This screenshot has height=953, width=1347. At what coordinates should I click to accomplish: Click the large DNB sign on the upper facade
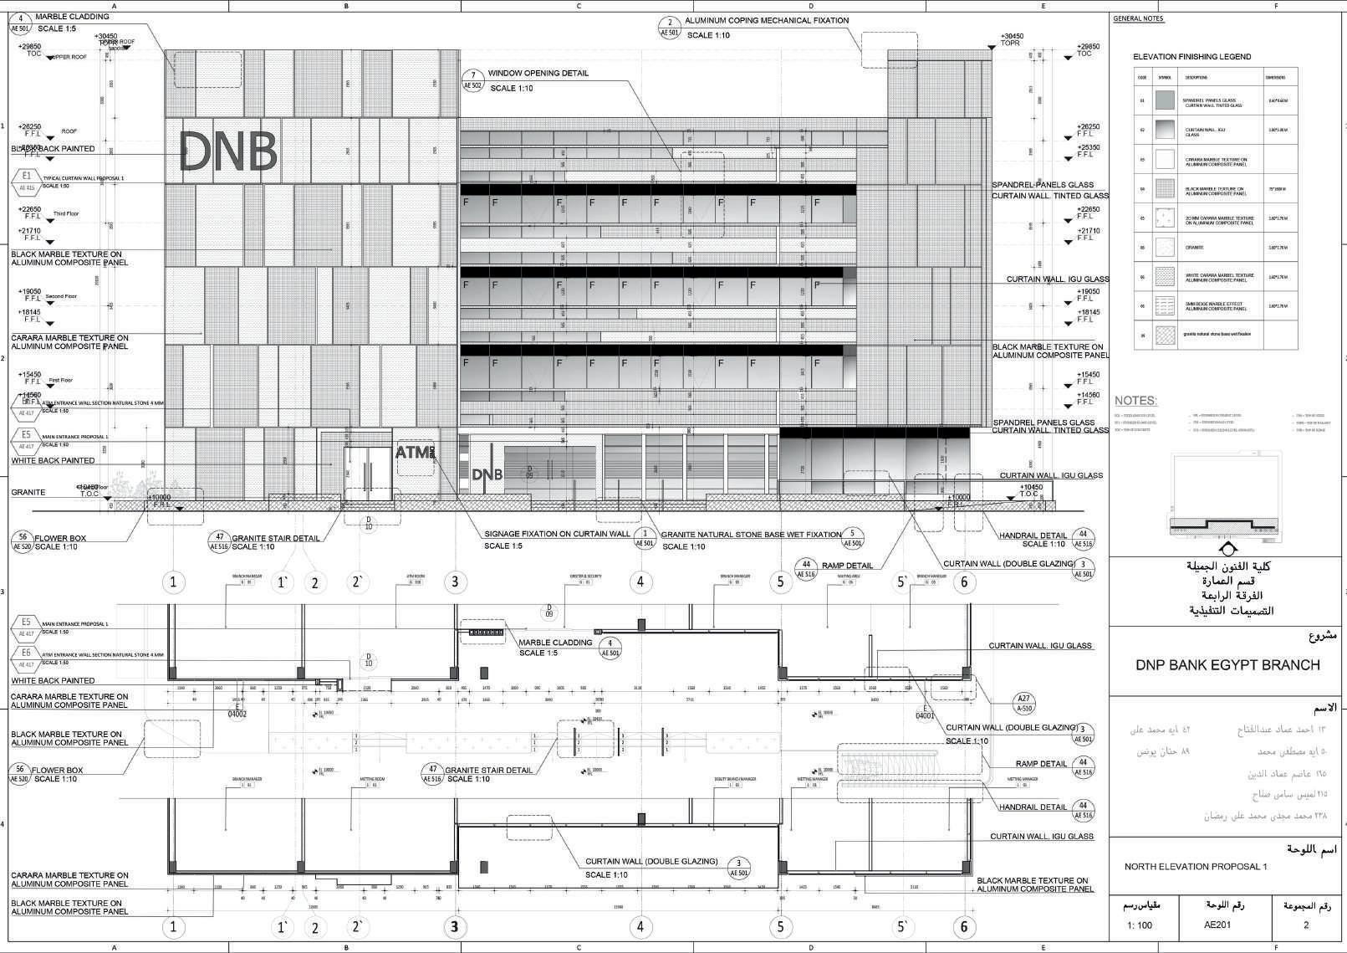(x=228, y=151)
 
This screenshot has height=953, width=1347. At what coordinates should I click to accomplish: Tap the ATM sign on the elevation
(x=416, y=453)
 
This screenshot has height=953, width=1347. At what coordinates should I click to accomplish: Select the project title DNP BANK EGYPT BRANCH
(x=1227, y=665)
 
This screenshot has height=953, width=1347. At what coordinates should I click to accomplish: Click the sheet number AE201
(x=1217, y=925)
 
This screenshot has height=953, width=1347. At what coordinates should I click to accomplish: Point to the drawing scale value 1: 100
(x=1139, y=925)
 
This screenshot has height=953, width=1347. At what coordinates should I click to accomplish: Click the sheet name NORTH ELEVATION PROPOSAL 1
(x=1195, y=867)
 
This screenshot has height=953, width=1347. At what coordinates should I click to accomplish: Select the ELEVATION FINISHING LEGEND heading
(x=1191, y=57)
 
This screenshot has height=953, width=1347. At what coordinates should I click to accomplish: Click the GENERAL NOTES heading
(x=1138, y=18)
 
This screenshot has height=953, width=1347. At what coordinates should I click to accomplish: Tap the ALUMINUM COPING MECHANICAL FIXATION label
(x=766, y=20)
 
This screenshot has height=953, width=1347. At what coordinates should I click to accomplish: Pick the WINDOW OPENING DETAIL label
(x=538, y=74)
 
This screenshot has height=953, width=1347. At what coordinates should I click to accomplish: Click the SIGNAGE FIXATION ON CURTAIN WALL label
(x=558, y=534)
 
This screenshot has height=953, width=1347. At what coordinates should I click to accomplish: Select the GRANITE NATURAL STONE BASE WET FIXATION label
(x=751, y=535)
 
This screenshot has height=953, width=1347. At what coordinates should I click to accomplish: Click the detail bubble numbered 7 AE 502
(x=472, y=80)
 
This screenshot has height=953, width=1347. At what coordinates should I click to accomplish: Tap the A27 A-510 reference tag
(x=1023, y=703)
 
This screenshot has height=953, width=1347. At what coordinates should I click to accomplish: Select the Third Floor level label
(x=66, y=214)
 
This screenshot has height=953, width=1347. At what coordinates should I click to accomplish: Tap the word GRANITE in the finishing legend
(x=1193, y=248)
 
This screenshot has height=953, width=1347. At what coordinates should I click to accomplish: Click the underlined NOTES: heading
(x=1135, y=401)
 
